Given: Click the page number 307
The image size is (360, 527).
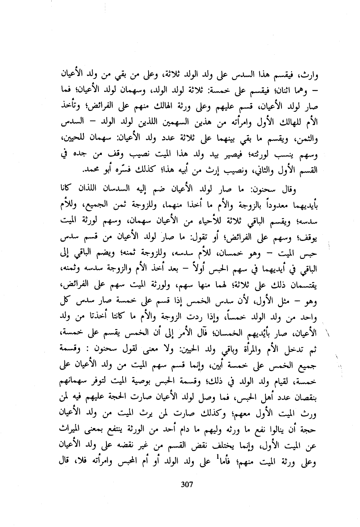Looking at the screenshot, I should coord(186,484).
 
